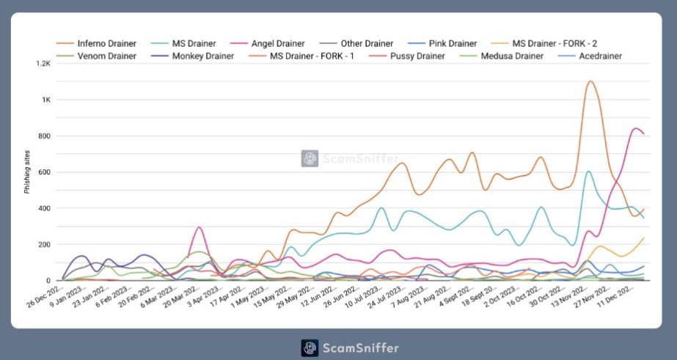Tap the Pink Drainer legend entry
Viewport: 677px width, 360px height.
tap(447, 43)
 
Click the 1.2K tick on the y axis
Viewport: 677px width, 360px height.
tap(40, 64)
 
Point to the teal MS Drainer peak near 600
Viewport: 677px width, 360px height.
tap(588, 172)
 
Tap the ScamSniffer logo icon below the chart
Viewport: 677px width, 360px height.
tap(310, 348)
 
